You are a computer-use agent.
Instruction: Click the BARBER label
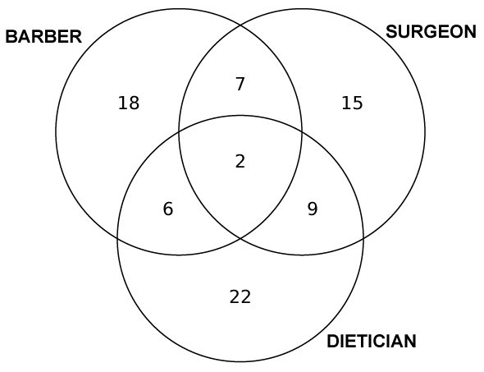43,36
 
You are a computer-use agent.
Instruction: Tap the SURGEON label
431,31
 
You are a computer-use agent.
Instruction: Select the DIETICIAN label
372,342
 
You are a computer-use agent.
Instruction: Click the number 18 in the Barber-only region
129,103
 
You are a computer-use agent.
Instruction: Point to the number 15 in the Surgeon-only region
352,103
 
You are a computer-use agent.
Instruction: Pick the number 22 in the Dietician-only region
240,297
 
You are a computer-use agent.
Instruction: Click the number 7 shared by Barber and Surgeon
240,84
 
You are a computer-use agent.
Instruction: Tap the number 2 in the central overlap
240,161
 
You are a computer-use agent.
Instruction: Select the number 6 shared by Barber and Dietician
168,209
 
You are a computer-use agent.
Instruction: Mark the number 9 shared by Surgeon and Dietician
313,209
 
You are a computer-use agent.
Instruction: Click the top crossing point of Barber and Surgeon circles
240,25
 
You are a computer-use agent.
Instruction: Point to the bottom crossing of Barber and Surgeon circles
240,238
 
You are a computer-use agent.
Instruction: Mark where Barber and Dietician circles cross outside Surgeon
117,238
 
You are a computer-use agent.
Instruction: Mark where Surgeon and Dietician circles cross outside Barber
363,238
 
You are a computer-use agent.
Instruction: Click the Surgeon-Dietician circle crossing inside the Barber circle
179,132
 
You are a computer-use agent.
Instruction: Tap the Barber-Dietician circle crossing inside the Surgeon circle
302,131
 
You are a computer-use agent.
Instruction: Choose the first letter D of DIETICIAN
333,342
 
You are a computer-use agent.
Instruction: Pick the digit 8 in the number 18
135,103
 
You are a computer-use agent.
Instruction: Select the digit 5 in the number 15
358,103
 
